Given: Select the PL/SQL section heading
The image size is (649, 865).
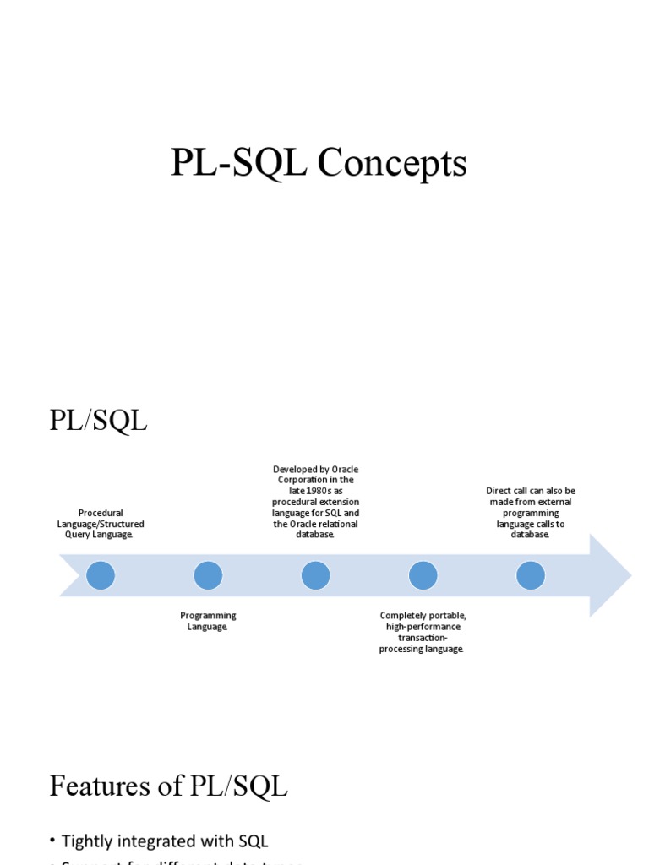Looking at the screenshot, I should [98, 420].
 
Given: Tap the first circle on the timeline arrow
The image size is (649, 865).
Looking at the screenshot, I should [101, 575].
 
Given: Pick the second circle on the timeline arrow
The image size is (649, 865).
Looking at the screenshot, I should [208, 575].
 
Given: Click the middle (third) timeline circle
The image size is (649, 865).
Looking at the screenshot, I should [315, 575].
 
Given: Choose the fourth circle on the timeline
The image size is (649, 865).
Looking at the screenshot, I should [423, 575].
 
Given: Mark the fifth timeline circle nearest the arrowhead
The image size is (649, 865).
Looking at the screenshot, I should [530, 575].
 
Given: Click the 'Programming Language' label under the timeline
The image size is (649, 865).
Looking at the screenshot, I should [208, 621].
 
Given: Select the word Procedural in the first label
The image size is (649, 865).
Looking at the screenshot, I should [101, 513].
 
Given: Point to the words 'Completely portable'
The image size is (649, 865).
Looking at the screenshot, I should [423, 616].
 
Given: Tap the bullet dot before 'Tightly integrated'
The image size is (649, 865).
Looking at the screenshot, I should [52, 840].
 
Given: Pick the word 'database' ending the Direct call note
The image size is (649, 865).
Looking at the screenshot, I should [530, 535].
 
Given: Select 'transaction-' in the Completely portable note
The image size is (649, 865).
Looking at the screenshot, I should [423, 638].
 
